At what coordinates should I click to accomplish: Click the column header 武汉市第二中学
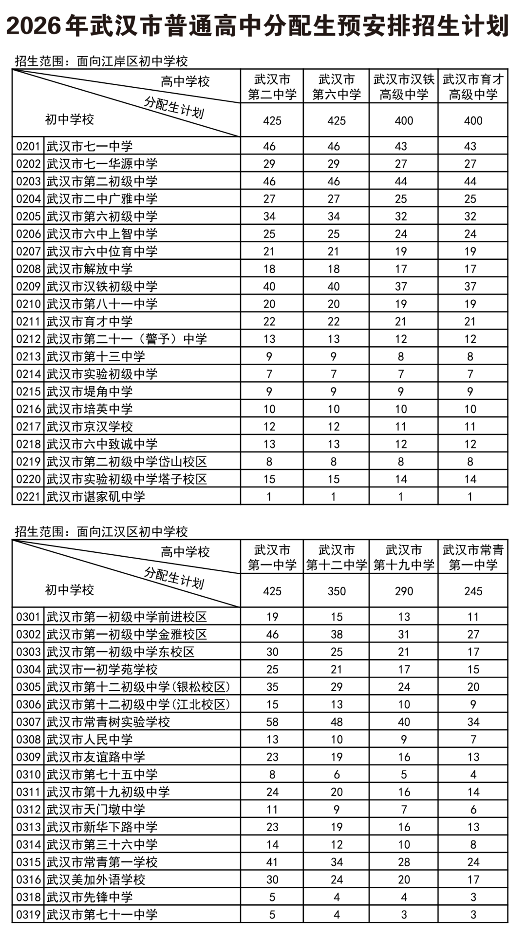[x=272, y=87]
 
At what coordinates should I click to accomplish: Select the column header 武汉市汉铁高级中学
[x=403, y=87]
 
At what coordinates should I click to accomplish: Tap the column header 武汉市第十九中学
[x=403, y=557]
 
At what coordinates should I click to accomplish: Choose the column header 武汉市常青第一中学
[x=472, y=557]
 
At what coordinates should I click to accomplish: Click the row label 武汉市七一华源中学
[x=102, y=164]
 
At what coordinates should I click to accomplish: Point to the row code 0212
[x=28, y=339]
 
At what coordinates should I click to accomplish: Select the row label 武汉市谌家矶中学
[x=95, y=497]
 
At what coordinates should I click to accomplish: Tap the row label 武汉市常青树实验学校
[x=108, y=722]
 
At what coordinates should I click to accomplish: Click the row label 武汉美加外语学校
[x=95, y=879]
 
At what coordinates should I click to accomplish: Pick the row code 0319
[x=28, y=915]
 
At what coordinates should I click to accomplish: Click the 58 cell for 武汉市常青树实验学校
[x=272, y=722]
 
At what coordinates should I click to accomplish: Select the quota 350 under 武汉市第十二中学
[x=336, y=591]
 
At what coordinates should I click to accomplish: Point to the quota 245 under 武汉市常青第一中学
[x=472, y=591]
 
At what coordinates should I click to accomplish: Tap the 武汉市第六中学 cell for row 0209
[x=334, y=287]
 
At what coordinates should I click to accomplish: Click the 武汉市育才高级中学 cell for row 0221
[x=470, y=497]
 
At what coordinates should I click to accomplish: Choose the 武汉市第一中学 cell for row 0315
[x=272, y=862]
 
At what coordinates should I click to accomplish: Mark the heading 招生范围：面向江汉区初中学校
[x=101, y=531]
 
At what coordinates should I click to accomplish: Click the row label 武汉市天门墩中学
[x=95, y=810]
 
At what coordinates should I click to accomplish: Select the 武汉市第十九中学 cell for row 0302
[x=403, y=634]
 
